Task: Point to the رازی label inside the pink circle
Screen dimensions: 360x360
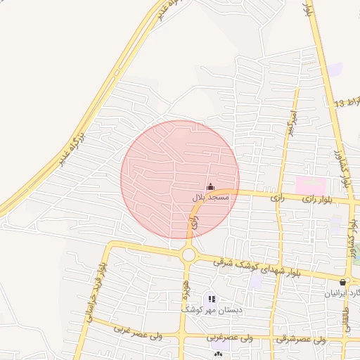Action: [x=195, y=224]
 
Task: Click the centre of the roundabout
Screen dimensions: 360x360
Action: [x=188, y=255]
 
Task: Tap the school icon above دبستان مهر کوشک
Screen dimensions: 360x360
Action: [x=212, y=300]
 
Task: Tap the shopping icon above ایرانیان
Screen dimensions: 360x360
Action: [x=343, y=282]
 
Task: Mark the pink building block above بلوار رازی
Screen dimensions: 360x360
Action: [x=310, y=186]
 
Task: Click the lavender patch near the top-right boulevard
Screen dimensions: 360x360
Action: [x=336, y=69]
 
